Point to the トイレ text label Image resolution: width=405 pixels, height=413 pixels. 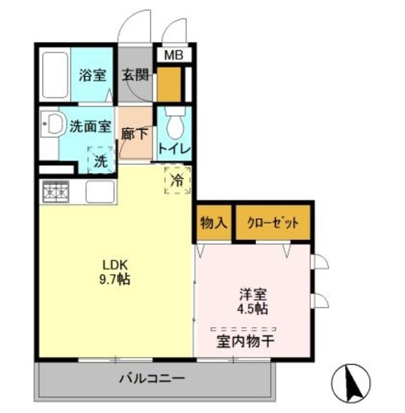coord(175,149)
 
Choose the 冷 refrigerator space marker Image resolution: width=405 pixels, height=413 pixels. coord(177,180)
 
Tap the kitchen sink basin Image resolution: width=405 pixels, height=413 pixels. coord(99,192)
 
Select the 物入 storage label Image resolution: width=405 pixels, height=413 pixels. coord(213,224)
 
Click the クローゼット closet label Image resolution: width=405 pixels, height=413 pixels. coord(273,224)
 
